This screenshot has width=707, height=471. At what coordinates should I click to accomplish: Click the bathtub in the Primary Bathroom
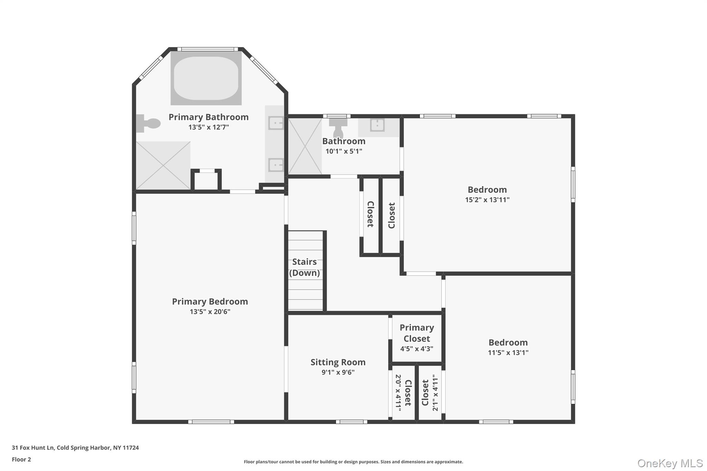click(x=206, y=78)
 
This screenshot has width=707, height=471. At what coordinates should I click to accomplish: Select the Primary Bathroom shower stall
click(x=163, y=165)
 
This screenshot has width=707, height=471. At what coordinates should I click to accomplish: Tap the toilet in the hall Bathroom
click(x=338, y=127)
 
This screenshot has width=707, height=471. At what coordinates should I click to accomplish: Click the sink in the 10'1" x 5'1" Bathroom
click(x=377, y=125)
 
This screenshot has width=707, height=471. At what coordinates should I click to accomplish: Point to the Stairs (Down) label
click(x=304, y=267)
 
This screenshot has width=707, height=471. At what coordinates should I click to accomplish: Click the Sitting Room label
click(x=338, y=362)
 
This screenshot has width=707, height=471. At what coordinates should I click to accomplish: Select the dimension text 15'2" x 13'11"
click(x=487, y=200)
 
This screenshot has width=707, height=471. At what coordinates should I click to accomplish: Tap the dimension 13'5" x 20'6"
click(x=210, y=312)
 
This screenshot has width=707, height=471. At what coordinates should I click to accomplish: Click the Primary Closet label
click(x=417, y=333)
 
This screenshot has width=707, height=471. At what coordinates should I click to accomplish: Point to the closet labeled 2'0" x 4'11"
click(x=403, y=393)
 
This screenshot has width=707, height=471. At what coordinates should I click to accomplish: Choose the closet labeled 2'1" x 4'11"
click(x=430, y=393)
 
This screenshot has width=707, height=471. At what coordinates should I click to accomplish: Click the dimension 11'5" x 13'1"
click(x=508, y=353)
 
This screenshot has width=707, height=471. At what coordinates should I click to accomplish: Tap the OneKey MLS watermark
click(x=670, y=463)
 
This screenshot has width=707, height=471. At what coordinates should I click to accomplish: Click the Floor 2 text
click(x=21, y=459)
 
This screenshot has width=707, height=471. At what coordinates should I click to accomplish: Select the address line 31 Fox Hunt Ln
click(x=75, y=448)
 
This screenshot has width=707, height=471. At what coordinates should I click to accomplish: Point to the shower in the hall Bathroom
click(x=305, y=146)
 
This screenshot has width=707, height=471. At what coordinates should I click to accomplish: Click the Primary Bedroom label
click(x=210, y=301)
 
